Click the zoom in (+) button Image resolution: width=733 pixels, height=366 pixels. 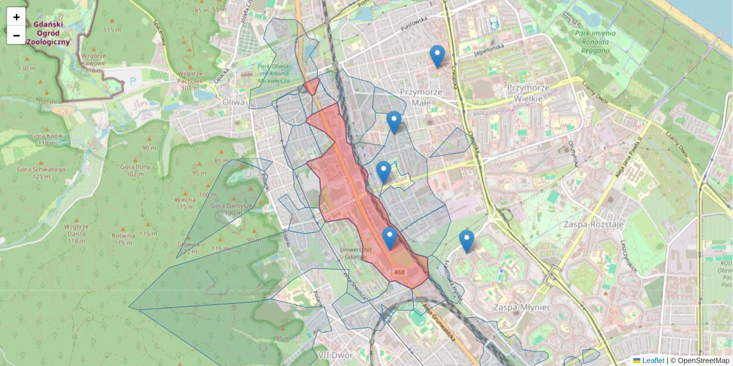point(16,17)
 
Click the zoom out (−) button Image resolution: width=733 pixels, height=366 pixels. point(16,35)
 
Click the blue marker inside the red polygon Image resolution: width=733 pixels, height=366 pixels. point(389,239)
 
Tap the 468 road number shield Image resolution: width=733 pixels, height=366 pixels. point(399,272)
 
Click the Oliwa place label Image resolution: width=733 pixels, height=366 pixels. point(233,102)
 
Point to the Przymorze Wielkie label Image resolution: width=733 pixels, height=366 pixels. point(530,92)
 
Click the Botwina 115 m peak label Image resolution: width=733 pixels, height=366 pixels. point(124,238)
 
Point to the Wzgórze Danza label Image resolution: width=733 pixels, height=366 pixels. point(77,233)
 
